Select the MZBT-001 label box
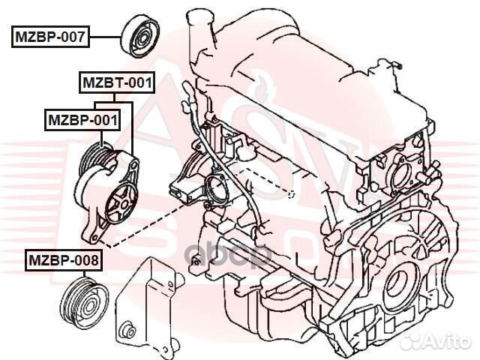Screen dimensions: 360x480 [x=117, y=82]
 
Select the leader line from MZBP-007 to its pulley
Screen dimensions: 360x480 [x=104, y=35]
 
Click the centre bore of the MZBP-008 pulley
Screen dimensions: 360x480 [x=85, y=304]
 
